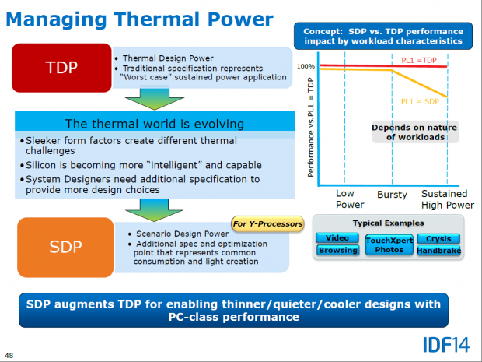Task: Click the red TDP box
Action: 61,68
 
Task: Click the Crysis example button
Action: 438,238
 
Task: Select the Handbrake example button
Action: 438,251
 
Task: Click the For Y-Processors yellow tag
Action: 267,224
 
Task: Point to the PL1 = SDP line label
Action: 420,102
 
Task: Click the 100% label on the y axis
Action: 306,67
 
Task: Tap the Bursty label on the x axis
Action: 393,193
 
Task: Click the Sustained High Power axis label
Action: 447,199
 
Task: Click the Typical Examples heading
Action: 389,223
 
